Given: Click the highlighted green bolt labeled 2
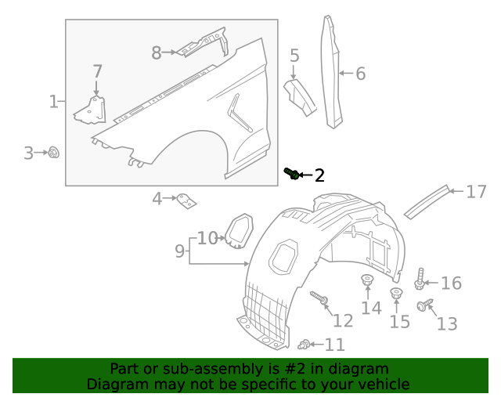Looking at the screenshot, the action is click(x=292, y=173).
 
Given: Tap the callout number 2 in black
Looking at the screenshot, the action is click(x=319, y=175).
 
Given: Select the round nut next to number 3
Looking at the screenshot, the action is click(x=54, y=153).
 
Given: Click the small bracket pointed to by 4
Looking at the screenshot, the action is click(x=186, y=201).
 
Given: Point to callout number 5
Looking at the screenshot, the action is click(x=294, y=56).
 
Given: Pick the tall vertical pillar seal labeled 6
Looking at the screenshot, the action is click(x=332, y=72).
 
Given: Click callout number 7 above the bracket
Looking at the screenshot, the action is click(x=97, y=71).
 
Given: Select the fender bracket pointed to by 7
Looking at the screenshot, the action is click(x=91, y=110).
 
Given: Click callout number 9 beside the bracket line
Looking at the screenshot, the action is click(x=179, y=251).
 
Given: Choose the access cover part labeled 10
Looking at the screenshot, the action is click(x=239, y=231).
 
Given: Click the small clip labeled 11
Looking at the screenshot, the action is click(x=304, y=345).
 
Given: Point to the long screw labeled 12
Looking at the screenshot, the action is click(x=319, y=298).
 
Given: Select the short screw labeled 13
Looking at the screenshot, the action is click(x=425, y=305).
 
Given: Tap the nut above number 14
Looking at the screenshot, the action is click(x=367, y=280).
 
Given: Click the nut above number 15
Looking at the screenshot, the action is click(x=397, y=293).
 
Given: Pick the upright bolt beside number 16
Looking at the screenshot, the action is click(x=420, y=279).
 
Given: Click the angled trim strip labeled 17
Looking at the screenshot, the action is click(x=427, y=202).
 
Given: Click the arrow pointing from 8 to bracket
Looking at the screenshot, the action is click(x=169, y=52).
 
